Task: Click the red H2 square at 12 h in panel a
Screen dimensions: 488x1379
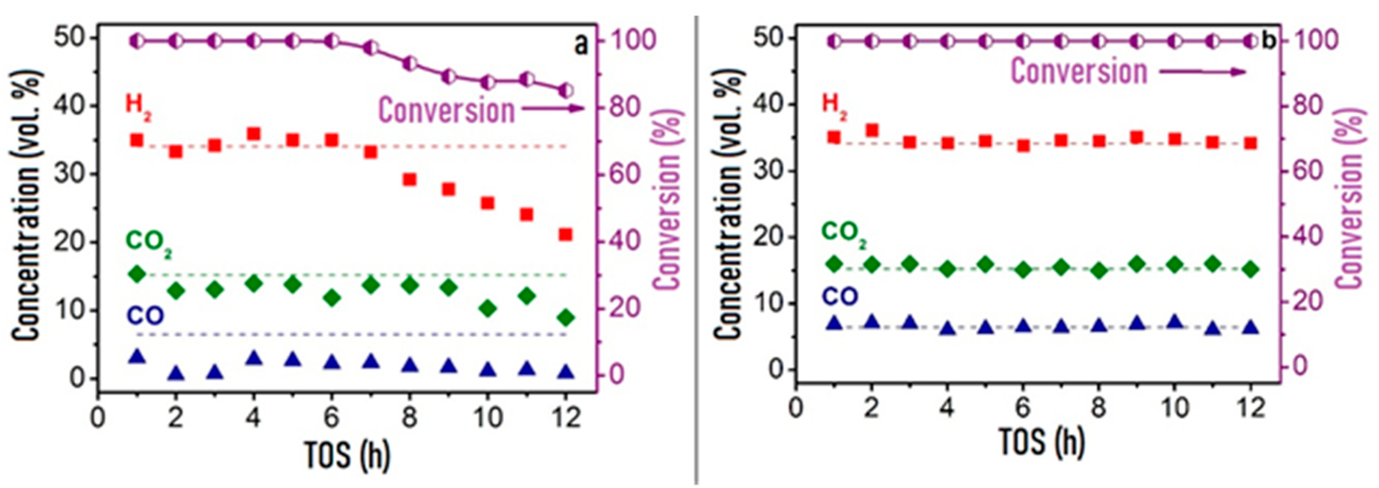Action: [565, 235]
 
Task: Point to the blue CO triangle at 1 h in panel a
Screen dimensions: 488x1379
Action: [137, 356]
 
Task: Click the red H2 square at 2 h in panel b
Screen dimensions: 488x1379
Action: [872, 130]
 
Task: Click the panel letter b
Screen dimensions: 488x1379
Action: [1269, 41]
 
